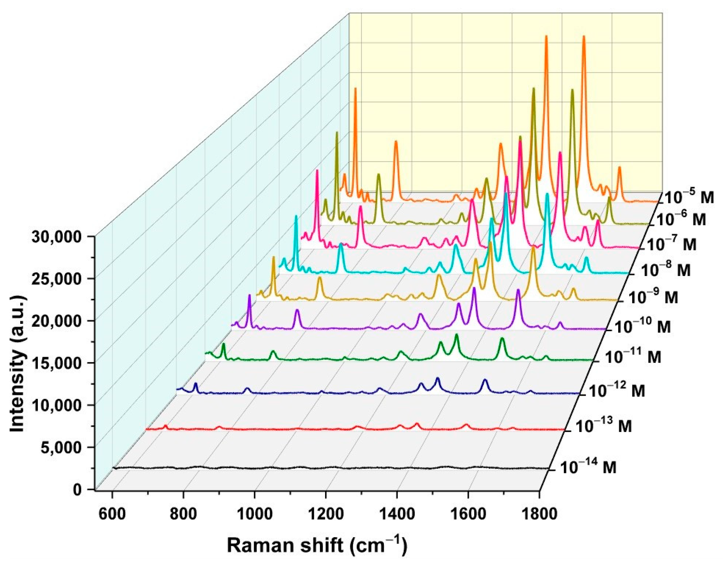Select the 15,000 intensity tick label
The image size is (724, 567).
(x=57, y=363)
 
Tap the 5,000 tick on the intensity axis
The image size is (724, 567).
(x=61, y=447)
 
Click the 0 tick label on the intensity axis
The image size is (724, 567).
(x=78, y=490)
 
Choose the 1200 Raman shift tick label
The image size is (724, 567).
(x=326, y=514)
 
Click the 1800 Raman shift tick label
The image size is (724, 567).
(x=539, y=514)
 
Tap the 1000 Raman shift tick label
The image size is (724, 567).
(x=254, y=514)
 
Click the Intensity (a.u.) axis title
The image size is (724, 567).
(x=17, y=363)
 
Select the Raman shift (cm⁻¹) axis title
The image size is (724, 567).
(x=317, y=545)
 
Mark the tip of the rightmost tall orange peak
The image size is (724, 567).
(x=584, y=37)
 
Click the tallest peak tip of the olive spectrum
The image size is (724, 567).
(x=534, y=89)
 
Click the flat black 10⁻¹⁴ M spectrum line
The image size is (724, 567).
(x=332, y=468)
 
